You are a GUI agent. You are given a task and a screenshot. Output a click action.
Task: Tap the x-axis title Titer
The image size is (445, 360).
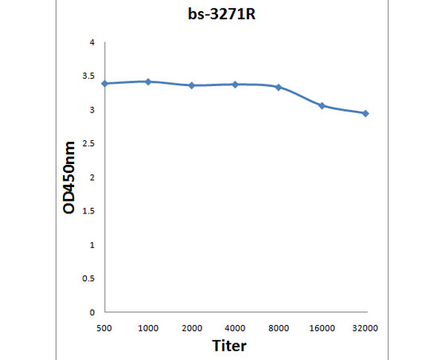pos(229,346)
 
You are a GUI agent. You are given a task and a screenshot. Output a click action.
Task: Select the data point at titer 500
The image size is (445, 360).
pos(105,83)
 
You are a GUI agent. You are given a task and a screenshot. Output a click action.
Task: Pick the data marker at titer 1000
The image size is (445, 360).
pos(148,81)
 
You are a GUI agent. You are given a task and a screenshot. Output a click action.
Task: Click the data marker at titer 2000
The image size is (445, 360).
pos(191,85)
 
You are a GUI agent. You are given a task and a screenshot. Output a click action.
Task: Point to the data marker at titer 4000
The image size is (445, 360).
pos(235,84)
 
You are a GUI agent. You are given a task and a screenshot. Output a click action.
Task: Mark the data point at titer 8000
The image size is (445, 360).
pos(278,87)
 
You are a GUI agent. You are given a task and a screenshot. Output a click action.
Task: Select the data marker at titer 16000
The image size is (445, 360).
pos(322,105)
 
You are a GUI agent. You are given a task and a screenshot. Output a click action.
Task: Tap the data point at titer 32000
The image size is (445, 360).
pos(365,113)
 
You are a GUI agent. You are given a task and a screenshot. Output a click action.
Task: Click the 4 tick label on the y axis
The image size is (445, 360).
pos(92,42)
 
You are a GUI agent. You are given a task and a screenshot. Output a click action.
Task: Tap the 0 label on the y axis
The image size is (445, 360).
pos(92,312)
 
